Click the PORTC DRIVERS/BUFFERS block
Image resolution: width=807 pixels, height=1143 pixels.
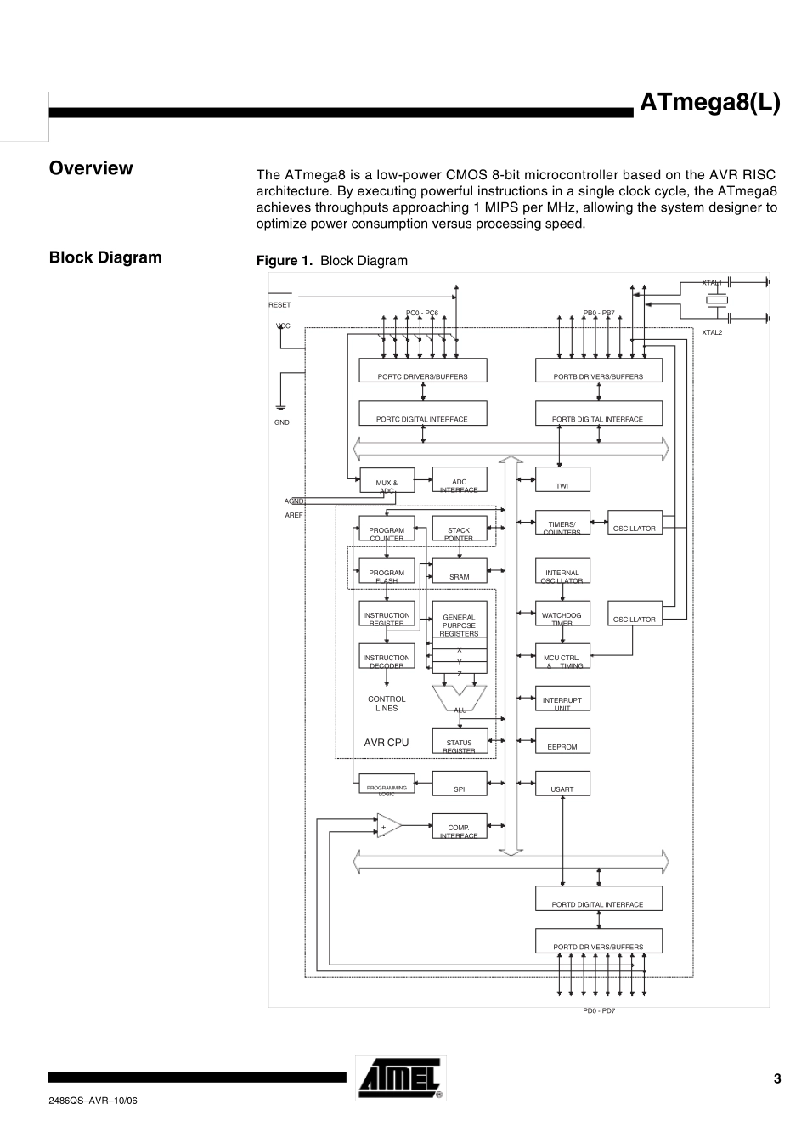[422, 371]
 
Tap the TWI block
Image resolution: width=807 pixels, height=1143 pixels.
[562, 480]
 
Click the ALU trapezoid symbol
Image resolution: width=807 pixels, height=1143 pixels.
[460, 698]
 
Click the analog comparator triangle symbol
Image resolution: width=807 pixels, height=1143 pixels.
[388, 825]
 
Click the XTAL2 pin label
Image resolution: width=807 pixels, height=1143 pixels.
[712, 332]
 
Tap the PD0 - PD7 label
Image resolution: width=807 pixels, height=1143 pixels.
[598, 1010]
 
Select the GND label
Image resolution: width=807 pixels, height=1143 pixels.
[281, 422]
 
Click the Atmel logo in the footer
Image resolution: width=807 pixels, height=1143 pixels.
[400, 1078]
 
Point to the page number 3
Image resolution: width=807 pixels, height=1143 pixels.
[776, 1079]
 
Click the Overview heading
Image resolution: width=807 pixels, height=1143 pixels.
[91, 168]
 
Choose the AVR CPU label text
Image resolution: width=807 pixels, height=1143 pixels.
[387, 743]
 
